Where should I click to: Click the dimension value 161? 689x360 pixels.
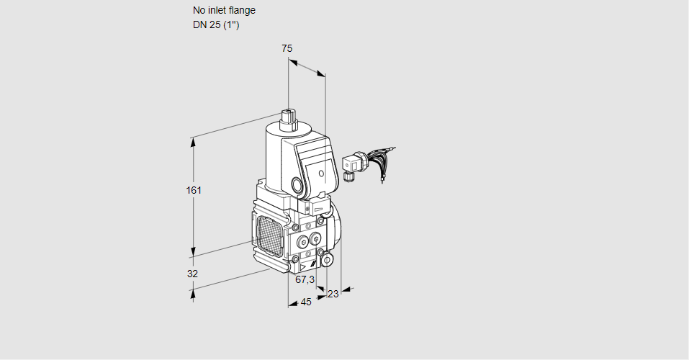coord(194,191)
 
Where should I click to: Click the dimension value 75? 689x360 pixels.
coord(287,48)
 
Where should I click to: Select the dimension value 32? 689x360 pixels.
coord(192,274)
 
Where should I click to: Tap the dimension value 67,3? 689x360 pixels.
coord(305,279)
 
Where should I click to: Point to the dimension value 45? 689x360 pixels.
coord(306,302)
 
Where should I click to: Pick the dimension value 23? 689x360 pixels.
coord(333,294)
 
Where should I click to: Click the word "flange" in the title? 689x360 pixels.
coord(238,11)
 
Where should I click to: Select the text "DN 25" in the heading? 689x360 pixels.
coord(205,24)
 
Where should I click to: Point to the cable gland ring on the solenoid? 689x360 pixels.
coord(298,184)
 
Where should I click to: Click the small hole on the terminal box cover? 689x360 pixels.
coord(321,174)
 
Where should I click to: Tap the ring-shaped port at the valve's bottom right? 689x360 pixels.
coord(327,259)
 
